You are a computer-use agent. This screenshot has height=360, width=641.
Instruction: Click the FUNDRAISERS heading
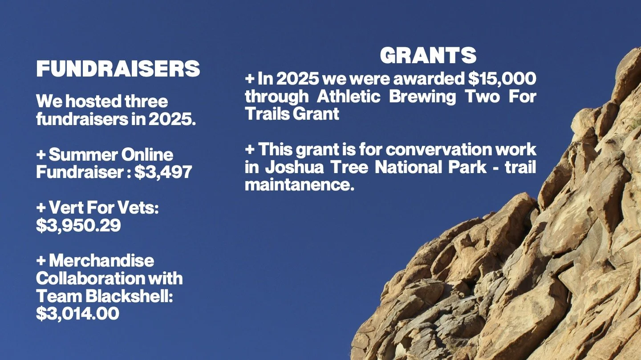pyautogui.click(x=118, y=69)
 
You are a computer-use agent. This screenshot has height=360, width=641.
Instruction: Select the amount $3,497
pyautogui.click(x=163, y=172)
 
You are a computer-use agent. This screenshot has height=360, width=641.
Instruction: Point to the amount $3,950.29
pyautogui.click(x=78, y=225)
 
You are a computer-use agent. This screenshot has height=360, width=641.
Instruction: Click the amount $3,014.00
pyautogui.click(x=77, y=313)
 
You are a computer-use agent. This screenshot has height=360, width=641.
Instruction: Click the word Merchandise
pyautogui.click(x=101, y=260)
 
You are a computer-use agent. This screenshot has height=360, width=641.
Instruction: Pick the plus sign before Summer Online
pyautogui.click(x=41, y=155)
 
